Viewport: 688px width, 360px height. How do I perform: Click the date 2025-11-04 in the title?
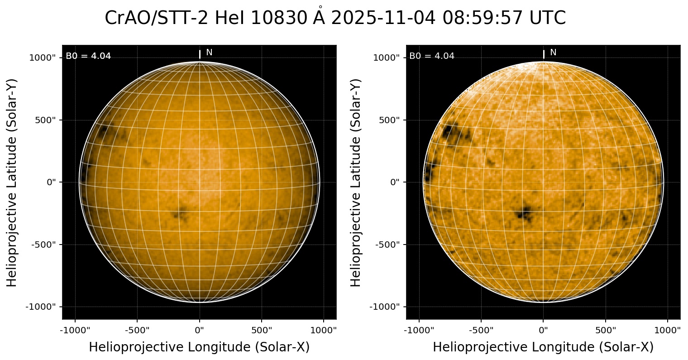[x=383, y=19]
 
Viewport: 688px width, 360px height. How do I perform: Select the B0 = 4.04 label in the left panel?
[x=88, y=56]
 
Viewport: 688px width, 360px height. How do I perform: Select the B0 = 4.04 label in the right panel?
[x=432, y=56]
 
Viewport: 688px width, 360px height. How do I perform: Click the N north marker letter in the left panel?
[x=209, y=53]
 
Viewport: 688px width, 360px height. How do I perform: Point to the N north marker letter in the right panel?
[x=553, y=53]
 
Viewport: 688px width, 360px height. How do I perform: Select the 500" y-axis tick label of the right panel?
[x=388, y=120]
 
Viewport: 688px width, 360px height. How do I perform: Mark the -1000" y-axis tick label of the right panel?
[x=385, y=307]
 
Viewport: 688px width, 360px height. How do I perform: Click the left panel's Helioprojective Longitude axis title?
[x=199, y=347]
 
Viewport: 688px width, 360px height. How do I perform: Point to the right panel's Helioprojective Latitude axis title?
[x=356, y=182]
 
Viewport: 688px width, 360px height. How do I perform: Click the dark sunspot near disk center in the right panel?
[x=525, y=212]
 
